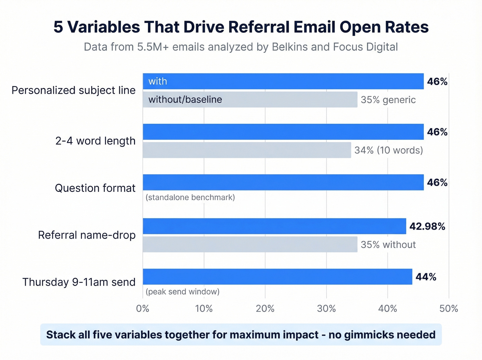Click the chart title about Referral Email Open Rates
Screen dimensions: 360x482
(241, 27)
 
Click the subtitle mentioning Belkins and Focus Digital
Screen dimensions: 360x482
(241, 47)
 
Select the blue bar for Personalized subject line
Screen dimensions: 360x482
(283, 81)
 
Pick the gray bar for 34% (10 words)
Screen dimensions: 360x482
(247, 150)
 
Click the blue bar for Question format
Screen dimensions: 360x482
(283, 182)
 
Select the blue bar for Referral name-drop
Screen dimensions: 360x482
(274, 226)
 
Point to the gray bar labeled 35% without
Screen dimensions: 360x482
(250, 244)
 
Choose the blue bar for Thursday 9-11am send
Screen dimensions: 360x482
(277, 277)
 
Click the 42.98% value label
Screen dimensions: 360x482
(427, 226)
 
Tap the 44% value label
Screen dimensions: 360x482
(426, 277)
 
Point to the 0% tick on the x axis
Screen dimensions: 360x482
(143, 308)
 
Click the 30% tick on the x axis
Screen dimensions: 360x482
(326, 308)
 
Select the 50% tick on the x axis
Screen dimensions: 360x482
(449, 308)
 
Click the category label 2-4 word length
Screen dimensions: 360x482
(95, 141)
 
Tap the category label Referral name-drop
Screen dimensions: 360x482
(87, 235)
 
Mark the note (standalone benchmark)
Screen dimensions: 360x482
(190, 197)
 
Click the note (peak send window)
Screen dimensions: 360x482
(182, 292)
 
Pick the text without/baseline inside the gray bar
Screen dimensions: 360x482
(185, 100)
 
